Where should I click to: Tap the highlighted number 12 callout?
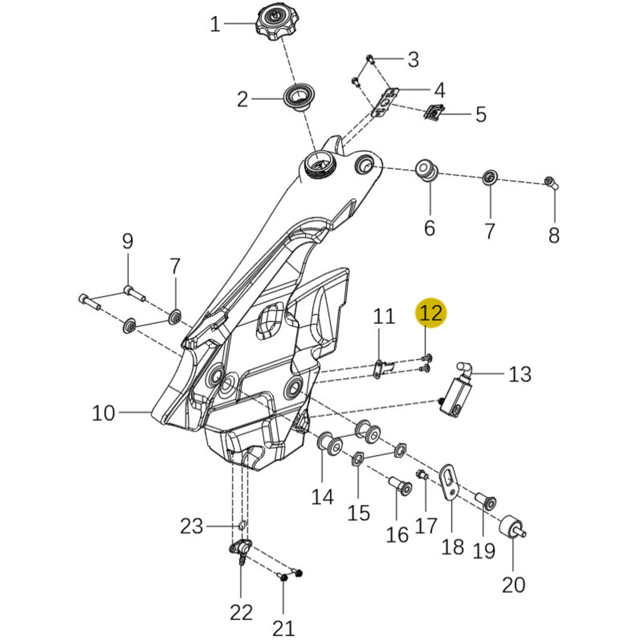point(431,313)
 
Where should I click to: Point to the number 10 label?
point(103,413)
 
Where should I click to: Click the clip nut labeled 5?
point(435,112)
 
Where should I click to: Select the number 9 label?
point(127,241)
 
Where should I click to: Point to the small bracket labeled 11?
point(380,368)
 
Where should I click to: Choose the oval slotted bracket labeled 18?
point(449,482)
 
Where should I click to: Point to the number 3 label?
point(413,60)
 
